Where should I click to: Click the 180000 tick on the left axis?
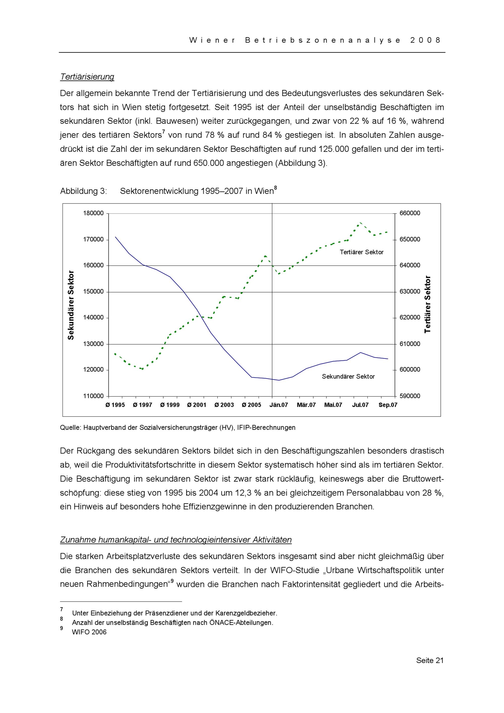pos(93,213)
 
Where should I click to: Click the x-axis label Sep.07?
pos(388,405)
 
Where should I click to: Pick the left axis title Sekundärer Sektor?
pos(71,305)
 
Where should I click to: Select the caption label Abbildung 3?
pos(83,191)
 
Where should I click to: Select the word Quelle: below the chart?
pos(70,428)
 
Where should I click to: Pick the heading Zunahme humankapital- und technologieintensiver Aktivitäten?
pos(176,540)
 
